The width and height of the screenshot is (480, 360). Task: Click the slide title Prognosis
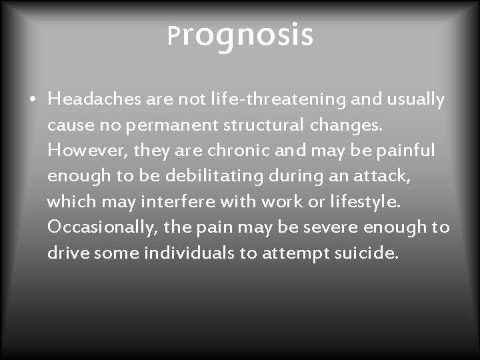click(240, 36)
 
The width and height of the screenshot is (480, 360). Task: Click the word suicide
click(369, 253)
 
